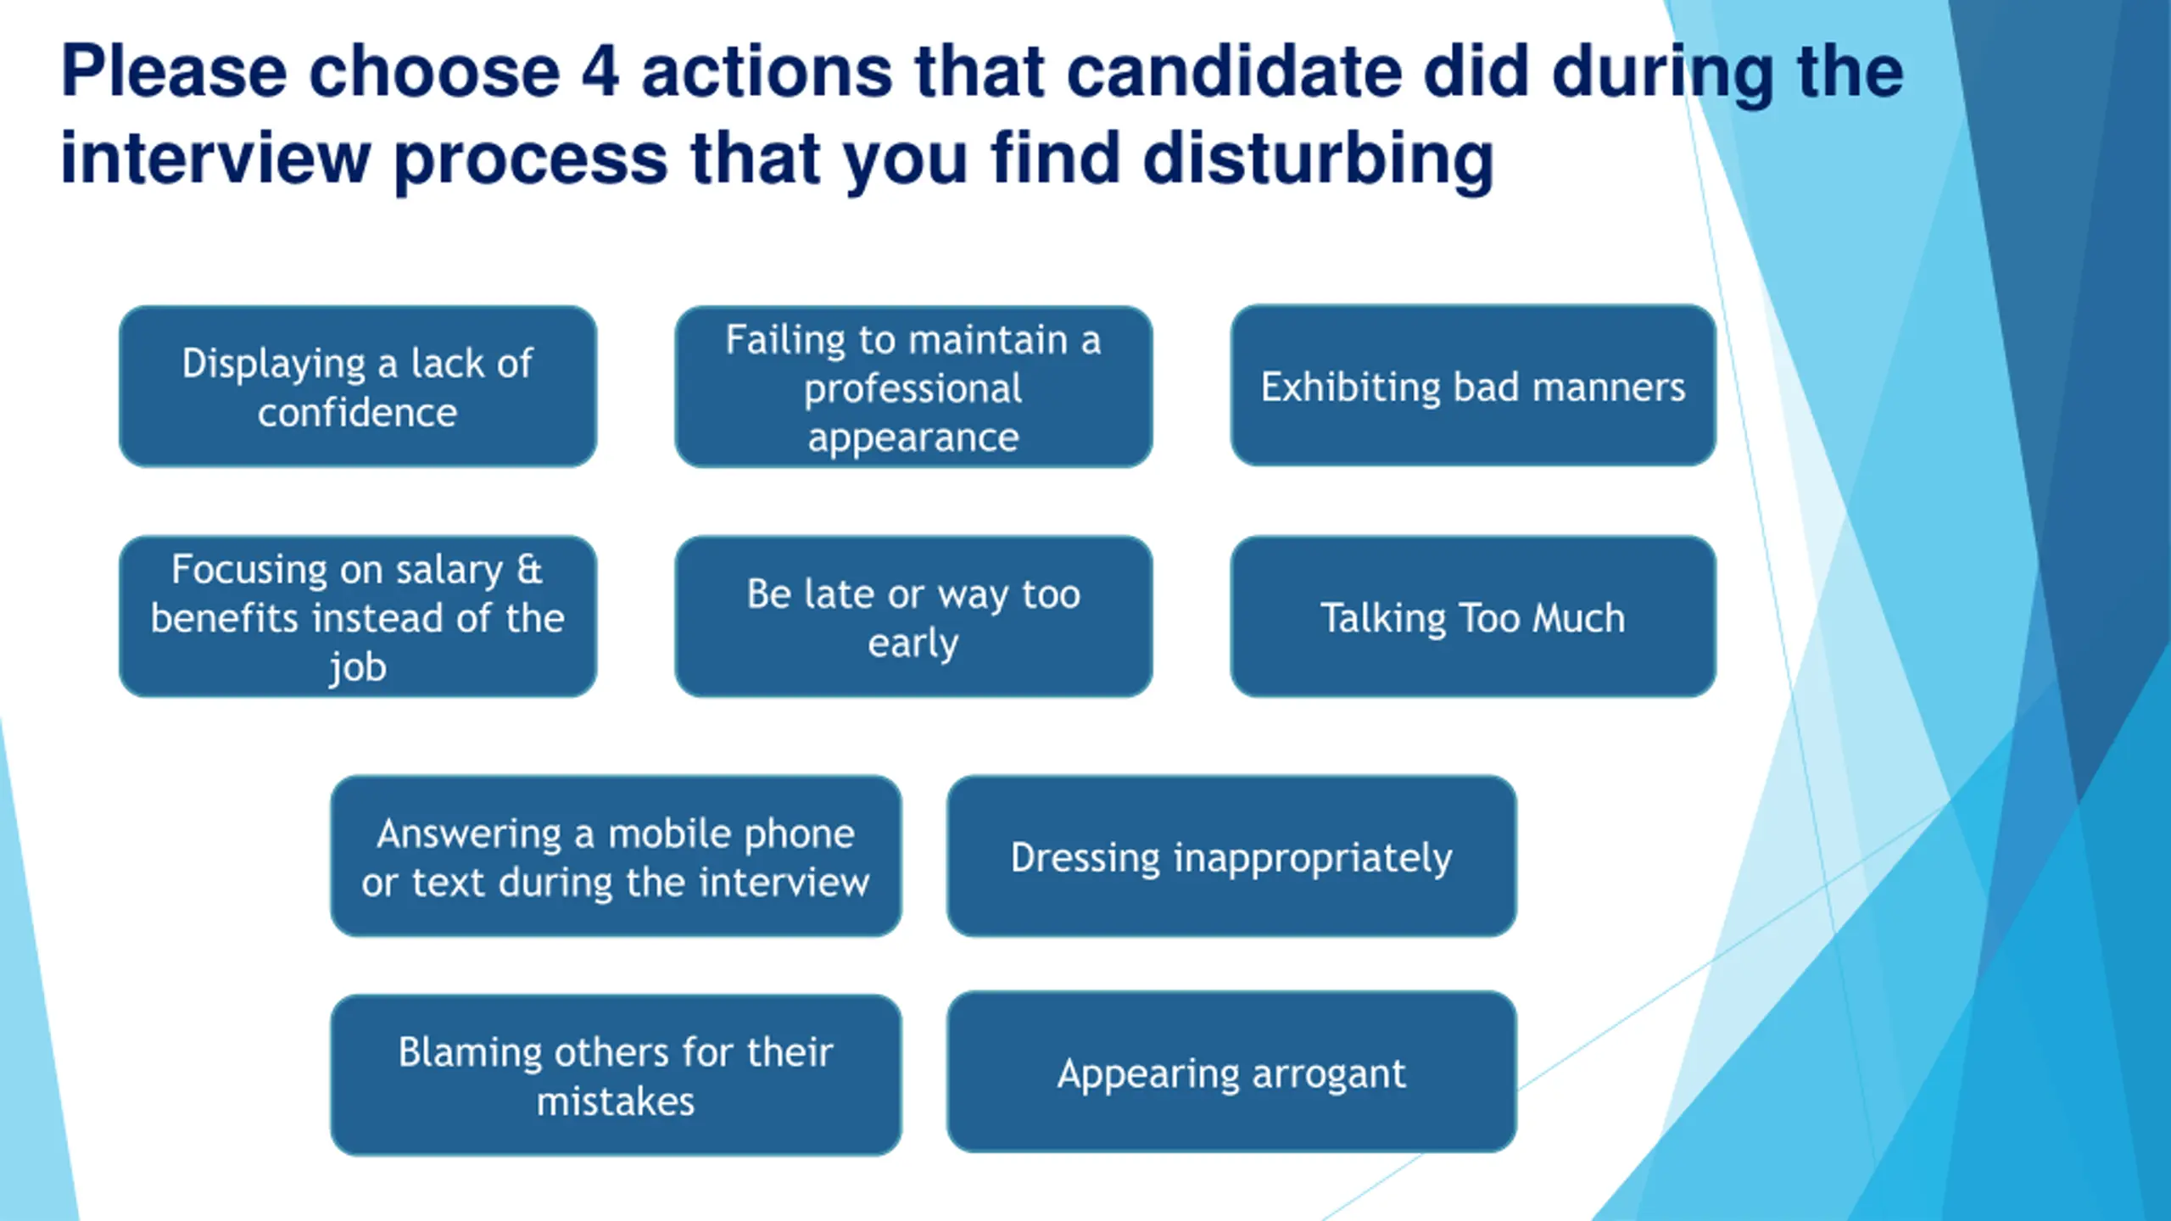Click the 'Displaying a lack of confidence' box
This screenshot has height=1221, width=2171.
357,387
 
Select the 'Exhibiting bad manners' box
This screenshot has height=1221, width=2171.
1473,387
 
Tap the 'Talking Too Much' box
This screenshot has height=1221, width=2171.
1473,616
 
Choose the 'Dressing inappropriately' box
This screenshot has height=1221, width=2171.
1231,856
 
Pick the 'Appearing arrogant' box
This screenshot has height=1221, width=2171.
1231,1073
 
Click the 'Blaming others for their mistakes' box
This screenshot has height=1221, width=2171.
616,1075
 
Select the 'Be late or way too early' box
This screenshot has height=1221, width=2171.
913,616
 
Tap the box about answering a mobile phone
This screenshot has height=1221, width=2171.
616,856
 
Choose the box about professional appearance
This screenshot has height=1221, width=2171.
913,387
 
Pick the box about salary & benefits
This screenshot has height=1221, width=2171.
357,616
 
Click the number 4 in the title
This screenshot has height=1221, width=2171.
600,71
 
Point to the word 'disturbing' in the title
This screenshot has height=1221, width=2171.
1318,159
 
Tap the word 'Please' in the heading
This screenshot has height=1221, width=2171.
174,71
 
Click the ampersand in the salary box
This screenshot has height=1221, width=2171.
529,569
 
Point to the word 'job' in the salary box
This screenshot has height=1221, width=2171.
357,667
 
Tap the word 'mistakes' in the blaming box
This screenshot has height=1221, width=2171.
616,1101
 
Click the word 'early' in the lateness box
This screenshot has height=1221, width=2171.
913,643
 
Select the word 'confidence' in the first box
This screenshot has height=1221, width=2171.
357,413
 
